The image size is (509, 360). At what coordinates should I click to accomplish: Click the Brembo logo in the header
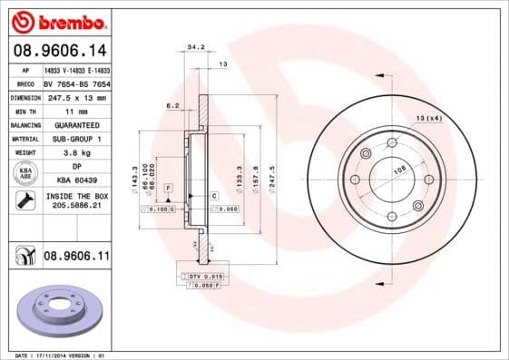(x=60, y=21)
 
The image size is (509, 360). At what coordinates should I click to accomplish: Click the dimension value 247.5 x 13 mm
(x=76, y=96)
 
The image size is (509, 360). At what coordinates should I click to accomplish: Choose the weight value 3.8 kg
(x=76, y=152)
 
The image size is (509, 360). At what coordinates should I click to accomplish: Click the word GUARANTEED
(x=76, y=124)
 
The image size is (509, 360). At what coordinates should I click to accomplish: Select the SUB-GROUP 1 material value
(x=76, y=138)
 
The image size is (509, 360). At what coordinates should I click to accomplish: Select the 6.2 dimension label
(x=172, y=106)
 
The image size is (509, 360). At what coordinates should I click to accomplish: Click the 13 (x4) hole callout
(x=429, y=119)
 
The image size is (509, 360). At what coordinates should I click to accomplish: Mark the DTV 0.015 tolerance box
(x=204, y=275)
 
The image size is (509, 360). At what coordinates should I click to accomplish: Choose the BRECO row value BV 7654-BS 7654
(x=76, y=83)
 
